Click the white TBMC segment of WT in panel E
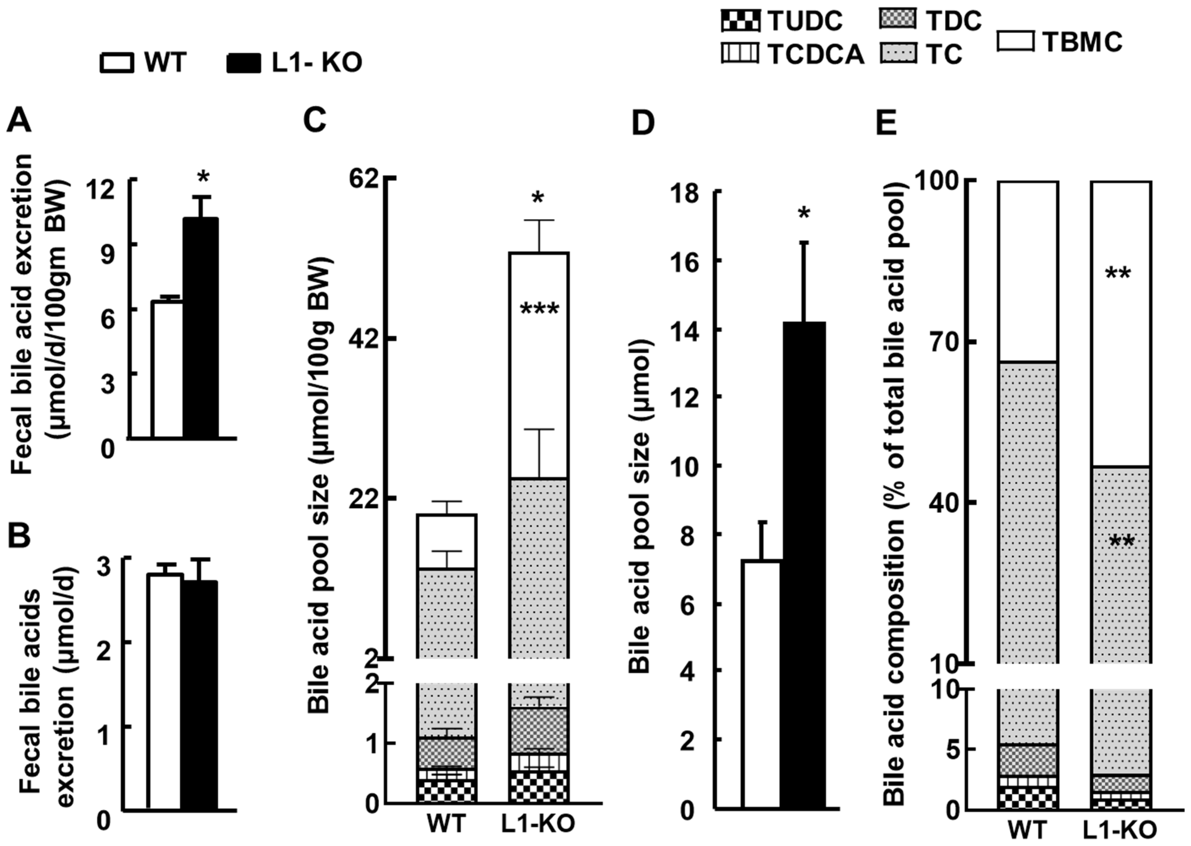pyautogui.click(x=1027, y=271)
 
